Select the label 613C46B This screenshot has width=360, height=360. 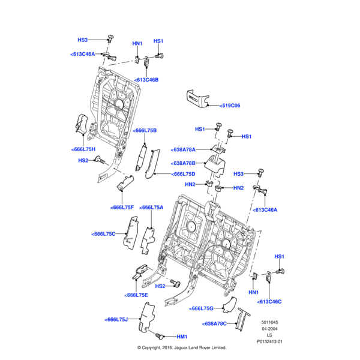coord(147,80)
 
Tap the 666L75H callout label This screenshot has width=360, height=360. coord(83,149)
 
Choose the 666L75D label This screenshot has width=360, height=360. coord(171,174)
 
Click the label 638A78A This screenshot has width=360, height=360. coord(184,149)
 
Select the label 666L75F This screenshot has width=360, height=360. coord(122,207)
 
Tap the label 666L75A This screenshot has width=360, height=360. coord(152,207)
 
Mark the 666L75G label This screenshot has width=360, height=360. coord(202,308)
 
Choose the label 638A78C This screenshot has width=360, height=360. coord(215,323)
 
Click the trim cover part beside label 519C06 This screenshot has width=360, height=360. coord(197,98)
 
